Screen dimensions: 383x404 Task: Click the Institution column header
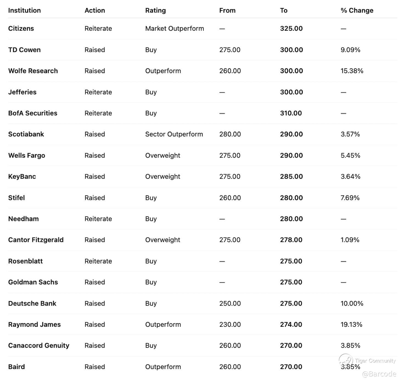[24, 10]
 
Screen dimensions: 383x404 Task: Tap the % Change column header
[357, 10]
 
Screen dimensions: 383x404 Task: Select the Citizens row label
[21, 29]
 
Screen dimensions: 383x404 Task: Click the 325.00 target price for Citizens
[291, 29]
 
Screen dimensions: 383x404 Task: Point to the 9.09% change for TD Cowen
[350, 50]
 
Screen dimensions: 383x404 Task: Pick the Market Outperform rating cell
[175, 29]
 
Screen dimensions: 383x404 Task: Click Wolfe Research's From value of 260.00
[230, 71]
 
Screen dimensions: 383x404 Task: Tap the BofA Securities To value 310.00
[291, 113]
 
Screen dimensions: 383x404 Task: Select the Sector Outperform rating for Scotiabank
[174, 134]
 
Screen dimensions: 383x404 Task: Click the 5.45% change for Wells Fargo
[350, 155]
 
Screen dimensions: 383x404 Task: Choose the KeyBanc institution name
[22, 177]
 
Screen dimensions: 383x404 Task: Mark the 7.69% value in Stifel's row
[350, 198]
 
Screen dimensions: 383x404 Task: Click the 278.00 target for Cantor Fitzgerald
[291, 240]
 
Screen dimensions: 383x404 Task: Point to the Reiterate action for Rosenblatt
[98, 261]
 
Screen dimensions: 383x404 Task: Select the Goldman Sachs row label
[33, 282]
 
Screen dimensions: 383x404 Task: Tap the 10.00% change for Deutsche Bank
[352, 303]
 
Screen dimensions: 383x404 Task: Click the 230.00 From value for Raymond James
[230, 325]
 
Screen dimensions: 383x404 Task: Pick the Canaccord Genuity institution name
[39, 346]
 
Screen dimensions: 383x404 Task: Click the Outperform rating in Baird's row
[163, 367]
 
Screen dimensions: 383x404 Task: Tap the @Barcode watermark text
[379, 374]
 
